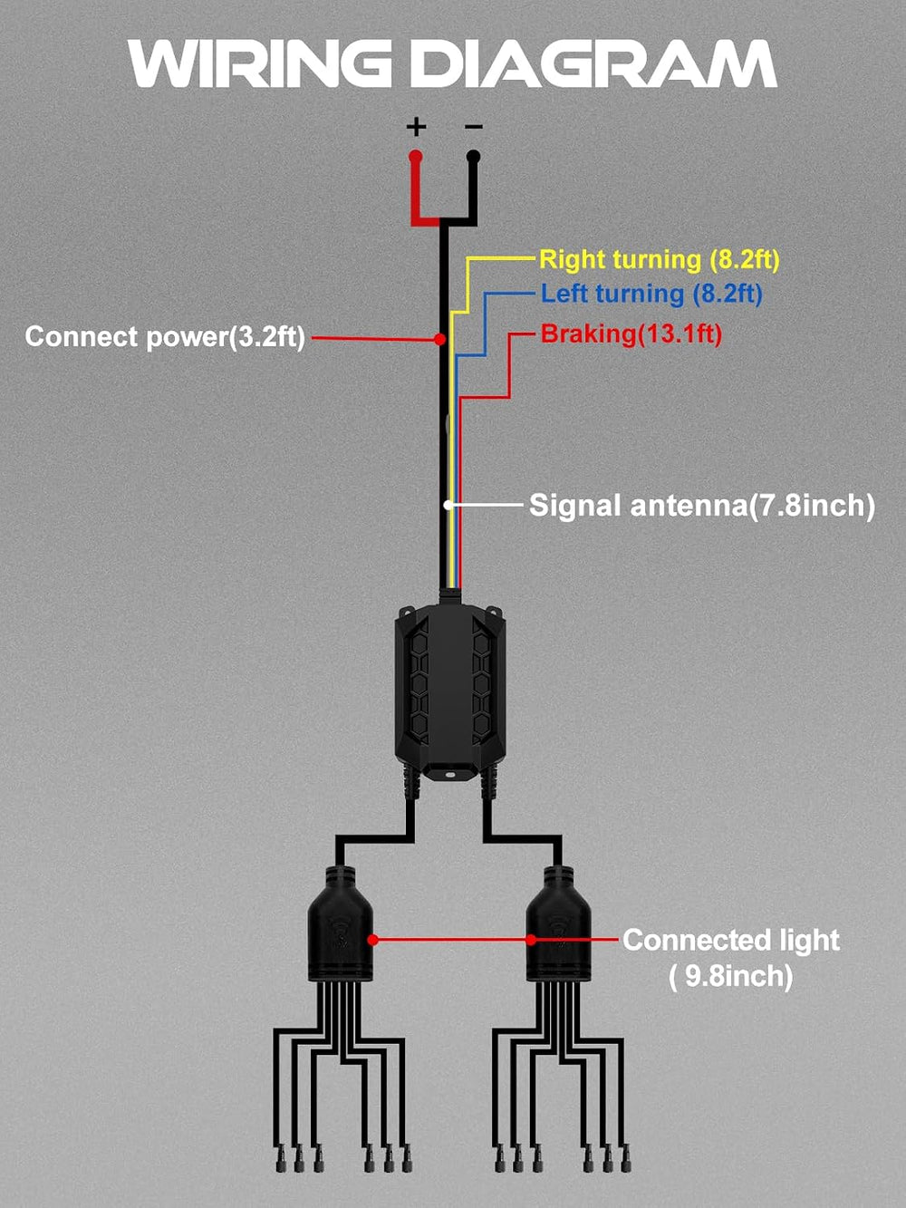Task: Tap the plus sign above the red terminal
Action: pos(416,127)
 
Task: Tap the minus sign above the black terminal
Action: pos(473,127)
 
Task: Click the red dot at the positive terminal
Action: pos(415,156)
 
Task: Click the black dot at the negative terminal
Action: pos(473,156)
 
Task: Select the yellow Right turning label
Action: pos(660,260)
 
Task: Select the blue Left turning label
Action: pos(651,294)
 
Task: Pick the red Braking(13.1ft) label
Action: pos(631,333)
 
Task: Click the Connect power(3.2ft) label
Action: pos(165,336)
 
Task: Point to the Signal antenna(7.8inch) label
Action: pos(702,505)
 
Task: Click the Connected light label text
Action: pos(731,940)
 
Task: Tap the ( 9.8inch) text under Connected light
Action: pos(730,976)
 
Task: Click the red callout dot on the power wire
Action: pos(439,339)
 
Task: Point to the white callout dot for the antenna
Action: pos(448,504)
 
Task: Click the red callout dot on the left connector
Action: pos(373,940)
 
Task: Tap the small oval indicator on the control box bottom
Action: pos(450,774)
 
